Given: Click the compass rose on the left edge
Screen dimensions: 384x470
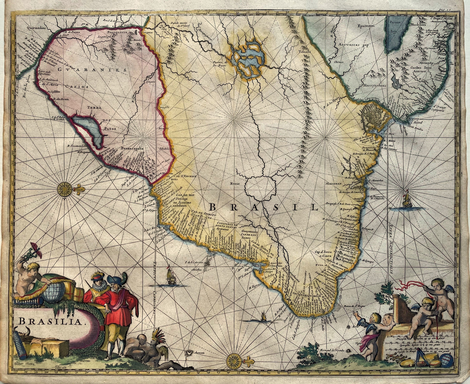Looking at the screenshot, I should [65, 189].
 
